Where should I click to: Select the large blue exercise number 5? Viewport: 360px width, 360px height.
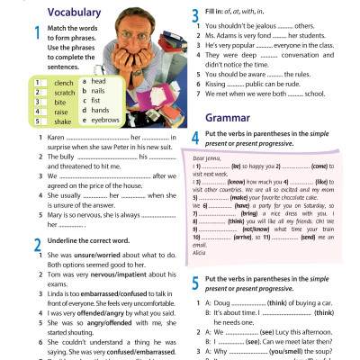(x=196, y=281)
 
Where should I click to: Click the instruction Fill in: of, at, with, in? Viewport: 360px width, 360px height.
(x=239, y=11)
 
